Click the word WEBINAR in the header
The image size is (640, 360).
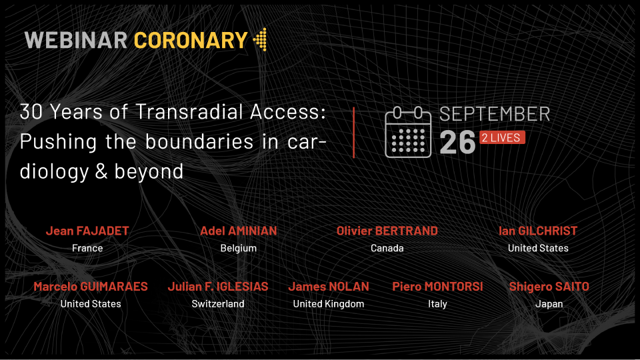[x=76, y=40]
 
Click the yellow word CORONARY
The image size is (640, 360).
[x=191, y=40]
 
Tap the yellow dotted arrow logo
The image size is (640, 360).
[x=260, y=39]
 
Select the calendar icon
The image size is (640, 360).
[x=408, y=132]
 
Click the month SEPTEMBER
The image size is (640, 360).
[x=495, y=114]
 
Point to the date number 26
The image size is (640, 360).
[x=457, y=143]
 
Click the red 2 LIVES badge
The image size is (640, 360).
[x=501, y=137]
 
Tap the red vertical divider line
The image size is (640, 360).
[x=353, y=133]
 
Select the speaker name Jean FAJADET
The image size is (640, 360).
[x=87, y=231]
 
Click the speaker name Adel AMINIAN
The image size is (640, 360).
[x=239, y=231]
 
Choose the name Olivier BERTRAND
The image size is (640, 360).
[x=387, y=231]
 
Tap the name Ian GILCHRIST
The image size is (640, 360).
[x=538, y=231]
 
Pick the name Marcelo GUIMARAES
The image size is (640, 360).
[x=91, y=287]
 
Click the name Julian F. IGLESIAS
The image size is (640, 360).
[x=218, y=287]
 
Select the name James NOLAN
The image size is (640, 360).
[x=329, y=287]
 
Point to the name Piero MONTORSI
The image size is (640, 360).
[x=437, y=287]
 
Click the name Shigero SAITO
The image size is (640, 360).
[x=549, y=287]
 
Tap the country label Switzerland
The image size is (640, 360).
[x=218, y=304]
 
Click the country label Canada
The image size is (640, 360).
[x=387, y=248]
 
